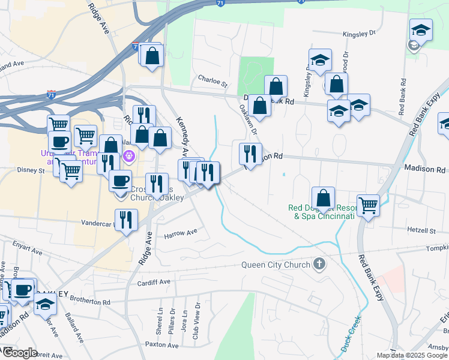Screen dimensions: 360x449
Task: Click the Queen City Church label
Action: coord(276,265)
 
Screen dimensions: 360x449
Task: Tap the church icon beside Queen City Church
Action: coord(319,264)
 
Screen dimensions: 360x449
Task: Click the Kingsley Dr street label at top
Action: coord(358,35)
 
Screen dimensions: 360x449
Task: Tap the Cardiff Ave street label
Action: coord(154,281)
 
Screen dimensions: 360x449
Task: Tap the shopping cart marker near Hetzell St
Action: coord(368,205)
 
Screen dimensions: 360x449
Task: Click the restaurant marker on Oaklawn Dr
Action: coord(250,154)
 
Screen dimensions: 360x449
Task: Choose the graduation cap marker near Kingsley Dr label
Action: coord(320,60)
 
